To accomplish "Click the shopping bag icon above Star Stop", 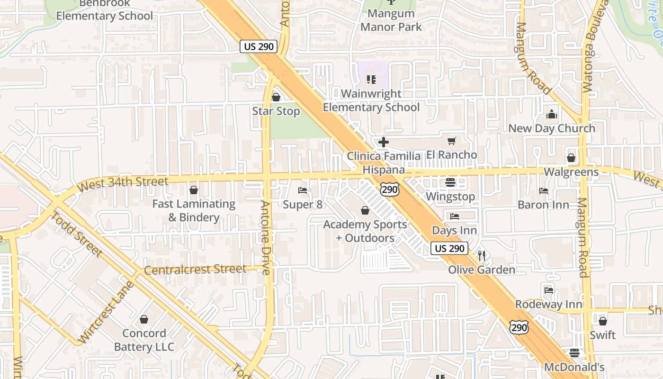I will tap(276, 97).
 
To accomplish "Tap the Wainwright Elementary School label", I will tap(371, 100).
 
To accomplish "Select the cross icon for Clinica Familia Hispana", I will tap(384, 142).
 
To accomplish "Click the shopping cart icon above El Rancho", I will tap(451, 141).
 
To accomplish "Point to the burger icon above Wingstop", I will tap(450, 182).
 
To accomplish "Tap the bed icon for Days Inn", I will tap(455, 217).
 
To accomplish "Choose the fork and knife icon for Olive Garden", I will tap(482, 256).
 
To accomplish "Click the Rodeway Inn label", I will tap(548, 304).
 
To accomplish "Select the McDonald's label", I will tap(574, 367).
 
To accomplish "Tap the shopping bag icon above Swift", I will tap(602, 321).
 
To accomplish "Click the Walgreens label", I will tap(571, 172).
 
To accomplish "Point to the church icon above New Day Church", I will tap(552, 114).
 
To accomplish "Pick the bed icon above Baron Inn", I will tap(543, 191).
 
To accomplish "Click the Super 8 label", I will tap(303, 205).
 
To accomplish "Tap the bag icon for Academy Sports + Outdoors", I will tap(365, 210).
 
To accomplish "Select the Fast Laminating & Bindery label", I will tap(193, 210).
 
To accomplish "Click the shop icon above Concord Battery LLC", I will tap(144, 319).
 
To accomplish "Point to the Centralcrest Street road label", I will tap(195, 270).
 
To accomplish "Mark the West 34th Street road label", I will tap(123, 184).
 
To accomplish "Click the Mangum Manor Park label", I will tap(391, 20).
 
